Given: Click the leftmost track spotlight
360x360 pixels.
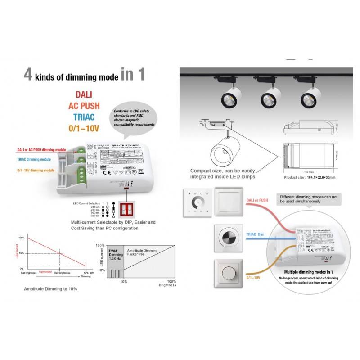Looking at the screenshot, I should pyautogui.click(x=230, y=97).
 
